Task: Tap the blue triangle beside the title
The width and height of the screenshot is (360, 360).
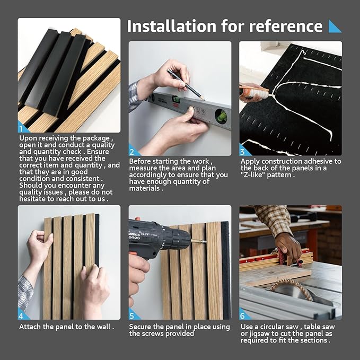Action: coord(335,26)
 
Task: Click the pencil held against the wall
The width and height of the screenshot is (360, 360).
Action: coord(185,84)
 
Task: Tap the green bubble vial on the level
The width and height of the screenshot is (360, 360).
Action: coord(221,116)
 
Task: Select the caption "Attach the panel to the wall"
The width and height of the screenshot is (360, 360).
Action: coord(66,327)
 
